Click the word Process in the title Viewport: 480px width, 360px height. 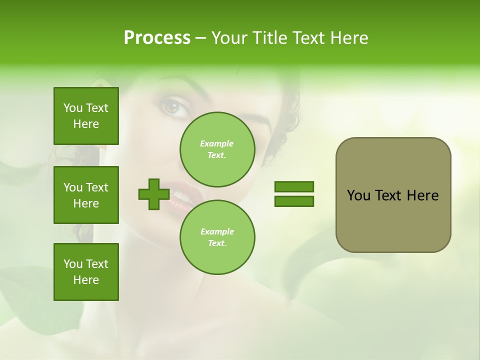click(x=157, y=38)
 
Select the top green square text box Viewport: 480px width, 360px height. click(x=86, y=116)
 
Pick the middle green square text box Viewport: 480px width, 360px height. click(x=86, y=195)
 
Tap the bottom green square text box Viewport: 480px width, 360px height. click(x=86, y=272)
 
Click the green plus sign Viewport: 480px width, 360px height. click(x=154, y=194)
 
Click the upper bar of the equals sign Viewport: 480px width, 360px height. click(x=294, y=186)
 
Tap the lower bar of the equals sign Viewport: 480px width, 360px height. click(x=294, y=201)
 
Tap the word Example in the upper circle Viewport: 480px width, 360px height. click(x=217, y=143)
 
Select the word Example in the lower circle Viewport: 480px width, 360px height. click(x=217, y=231)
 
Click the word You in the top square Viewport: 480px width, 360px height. click(x=73, y=108)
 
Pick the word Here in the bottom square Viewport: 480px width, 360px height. click(x=86, y=280)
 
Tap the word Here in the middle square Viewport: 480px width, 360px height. click(x=86, y=203)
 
